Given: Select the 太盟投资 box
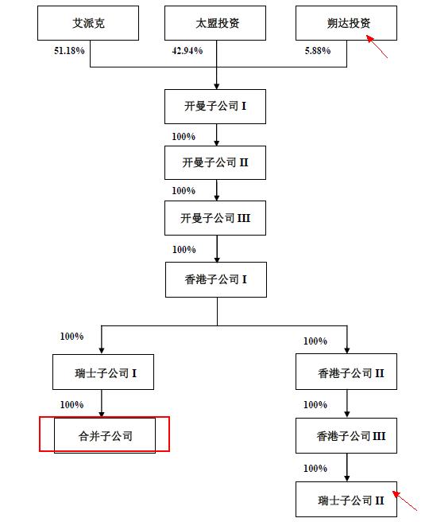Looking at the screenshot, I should pyautogui.click(x=216, y=24).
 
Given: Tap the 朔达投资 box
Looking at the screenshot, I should pyautogui.click(x=346, y=24).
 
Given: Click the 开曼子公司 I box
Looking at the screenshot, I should pyautogui.click(x=216, y=107).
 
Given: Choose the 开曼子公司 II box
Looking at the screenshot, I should pyautogui.click(x=216, y=162).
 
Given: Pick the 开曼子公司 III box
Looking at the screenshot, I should pyautogui.click(x=216, y=218).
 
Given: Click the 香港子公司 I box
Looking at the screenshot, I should pyautogui.click(x=216, y=280).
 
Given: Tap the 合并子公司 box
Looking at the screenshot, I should pyautogui.click(x=105, y=435).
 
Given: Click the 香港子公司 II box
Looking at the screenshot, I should pyautogui.click(x=346, y=372).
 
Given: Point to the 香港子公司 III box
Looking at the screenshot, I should pyautogui.click(x=346, y=436).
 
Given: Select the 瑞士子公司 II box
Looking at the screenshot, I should pyautogui.click(x=346, y=501).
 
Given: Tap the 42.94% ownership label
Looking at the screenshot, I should pyautogui.click(x=187, y=51).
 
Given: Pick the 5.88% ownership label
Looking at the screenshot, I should pyautogui.click(x=320, y=51).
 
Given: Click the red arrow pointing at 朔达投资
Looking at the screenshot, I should pyautogui.click(x=377, y=45).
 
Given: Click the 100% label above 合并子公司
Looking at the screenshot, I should pyautogui.click(x=71, y=405).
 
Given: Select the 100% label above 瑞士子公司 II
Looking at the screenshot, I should pyautogui.click(x=315, y=469).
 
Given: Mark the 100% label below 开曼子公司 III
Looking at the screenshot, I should pyautogui.click(x=184, y=250).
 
